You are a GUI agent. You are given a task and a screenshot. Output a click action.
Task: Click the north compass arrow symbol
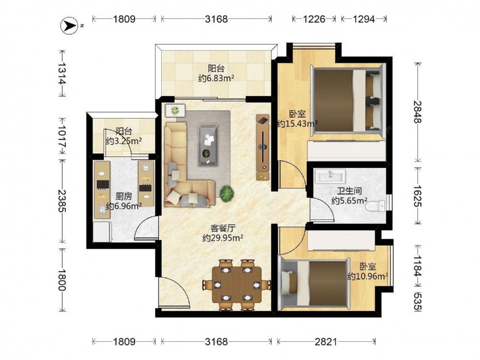(69, 25)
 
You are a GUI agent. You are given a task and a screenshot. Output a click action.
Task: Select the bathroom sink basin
(330, 177)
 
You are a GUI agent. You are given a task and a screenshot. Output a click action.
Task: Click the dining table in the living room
(237, 285)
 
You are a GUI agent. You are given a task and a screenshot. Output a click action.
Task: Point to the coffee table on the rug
(208, 144)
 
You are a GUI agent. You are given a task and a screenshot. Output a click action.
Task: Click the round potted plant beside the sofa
(227, 193)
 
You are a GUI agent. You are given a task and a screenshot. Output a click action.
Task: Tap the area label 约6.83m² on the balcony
(216, 79)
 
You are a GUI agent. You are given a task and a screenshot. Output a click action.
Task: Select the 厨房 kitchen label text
(124, 196)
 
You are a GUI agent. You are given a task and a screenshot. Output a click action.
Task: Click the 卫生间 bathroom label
(349, 191)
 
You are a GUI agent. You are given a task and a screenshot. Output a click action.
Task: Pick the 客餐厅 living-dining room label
(223, 228)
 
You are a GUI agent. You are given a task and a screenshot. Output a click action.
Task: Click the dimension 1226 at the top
(314, 19)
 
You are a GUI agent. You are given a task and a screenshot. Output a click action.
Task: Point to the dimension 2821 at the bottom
(326, 341)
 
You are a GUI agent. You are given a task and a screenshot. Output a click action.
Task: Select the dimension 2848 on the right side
(418, 112)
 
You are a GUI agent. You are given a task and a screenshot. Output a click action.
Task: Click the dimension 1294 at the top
(364, 19)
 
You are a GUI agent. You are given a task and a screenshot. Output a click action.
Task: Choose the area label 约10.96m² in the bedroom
(368, 276)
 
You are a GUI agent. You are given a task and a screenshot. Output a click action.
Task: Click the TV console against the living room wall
(263, 147)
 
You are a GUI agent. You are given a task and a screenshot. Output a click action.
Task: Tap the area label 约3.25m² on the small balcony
(124, 141)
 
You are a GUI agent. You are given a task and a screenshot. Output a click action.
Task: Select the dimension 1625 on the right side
(418, 196)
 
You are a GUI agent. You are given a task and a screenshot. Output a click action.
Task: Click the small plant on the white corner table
(175, 110)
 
